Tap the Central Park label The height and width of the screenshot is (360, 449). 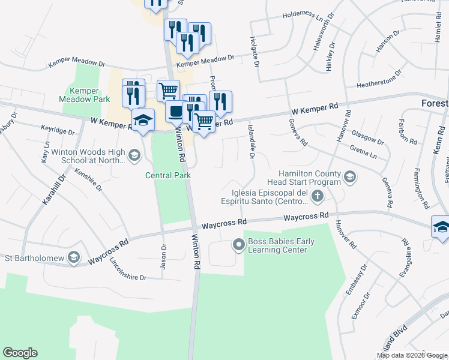(168, 175)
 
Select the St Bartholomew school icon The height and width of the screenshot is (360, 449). (73, 258)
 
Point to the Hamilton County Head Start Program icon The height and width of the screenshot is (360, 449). (350, 176)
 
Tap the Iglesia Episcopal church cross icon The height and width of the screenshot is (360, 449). (318, 196)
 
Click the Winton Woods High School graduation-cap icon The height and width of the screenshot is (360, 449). (134, 156)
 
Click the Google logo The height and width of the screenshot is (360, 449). (20, 353)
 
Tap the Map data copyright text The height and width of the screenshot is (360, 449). (412, 355)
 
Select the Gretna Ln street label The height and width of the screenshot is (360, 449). (365, 148)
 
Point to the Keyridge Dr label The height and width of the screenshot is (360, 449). (58, 130)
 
